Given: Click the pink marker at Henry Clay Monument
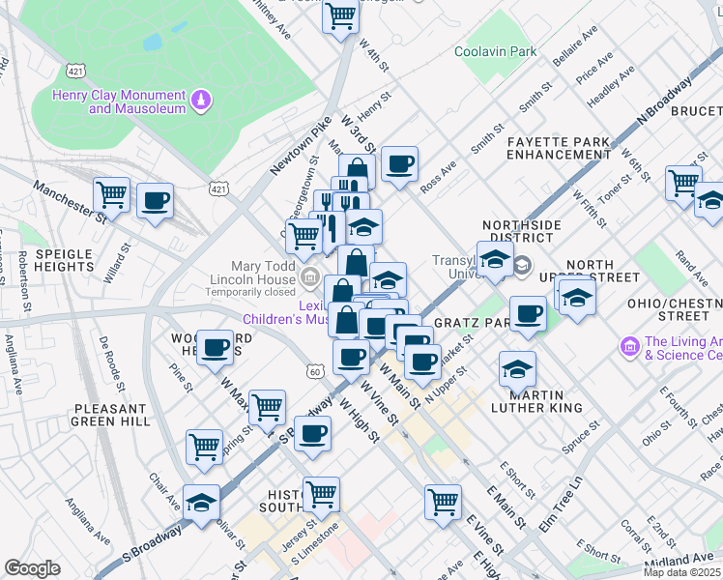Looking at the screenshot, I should [202, 98].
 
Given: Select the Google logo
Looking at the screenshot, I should [32, 568].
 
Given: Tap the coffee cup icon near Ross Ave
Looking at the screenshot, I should [399, 164].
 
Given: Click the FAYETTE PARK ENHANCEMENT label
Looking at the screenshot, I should [559, 148].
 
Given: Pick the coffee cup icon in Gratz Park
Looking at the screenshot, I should [527, 314].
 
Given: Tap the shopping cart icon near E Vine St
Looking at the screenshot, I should [443, 501].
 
